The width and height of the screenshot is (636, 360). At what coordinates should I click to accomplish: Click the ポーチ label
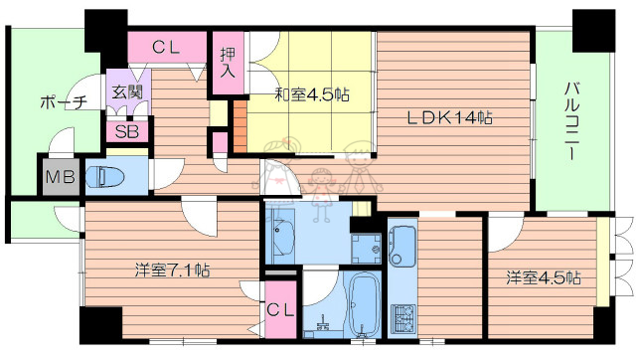65,102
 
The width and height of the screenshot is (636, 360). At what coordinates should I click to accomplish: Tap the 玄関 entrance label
124,92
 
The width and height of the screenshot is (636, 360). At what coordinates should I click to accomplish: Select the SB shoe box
126,131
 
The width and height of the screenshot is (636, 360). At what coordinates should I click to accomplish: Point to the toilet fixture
107,177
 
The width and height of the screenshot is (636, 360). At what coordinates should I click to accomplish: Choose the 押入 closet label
227,65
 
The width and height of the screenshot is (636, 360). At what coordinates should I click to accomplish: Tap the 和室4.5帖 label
311,94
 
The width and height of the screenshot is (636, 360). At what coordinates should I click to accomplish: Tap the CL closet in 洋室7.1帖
279,310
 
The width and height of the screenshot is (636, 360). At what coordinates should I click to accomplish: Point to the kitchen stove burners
404,318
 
